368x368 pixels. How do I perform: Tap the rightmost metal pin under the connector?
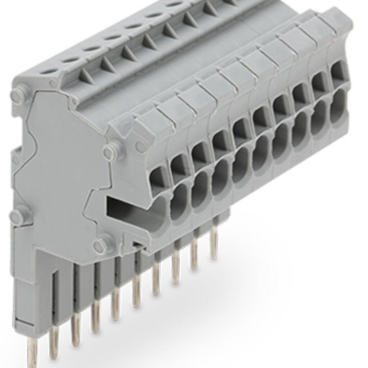213,244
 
